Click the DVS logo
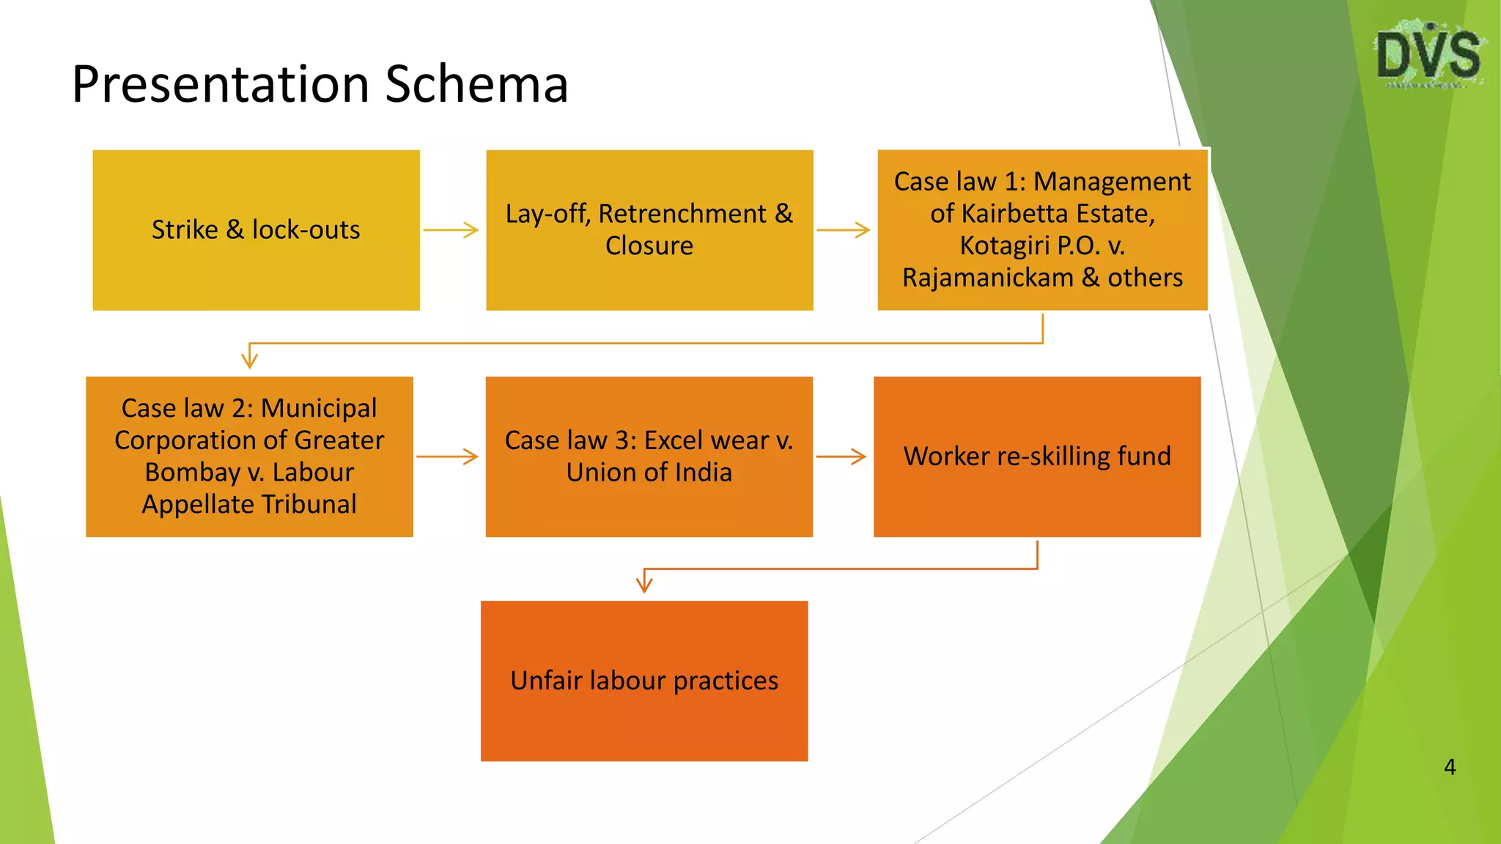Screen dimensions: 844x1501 coord(1428,56)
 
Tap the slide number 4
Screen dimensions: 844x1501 coord(1449,767)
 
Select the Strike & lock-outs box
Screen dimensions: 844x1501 coord(256,230)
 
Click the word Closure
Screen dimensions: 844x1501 coord(649,246)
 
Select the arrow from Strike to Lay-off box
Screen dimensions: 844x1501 coord(451,230)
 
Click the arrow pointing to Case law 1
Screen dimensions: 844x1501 coord(844,230)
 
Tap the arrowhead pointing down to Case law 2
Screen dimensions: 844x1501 coord(249,359)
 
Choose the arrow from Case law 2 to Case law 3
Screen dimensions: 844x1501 coord(447,457)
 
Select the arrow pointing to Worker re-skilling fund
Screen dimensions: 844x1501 coord(841,457)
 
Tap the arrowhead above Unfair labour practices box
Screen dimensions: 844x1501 coord(644,584)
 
